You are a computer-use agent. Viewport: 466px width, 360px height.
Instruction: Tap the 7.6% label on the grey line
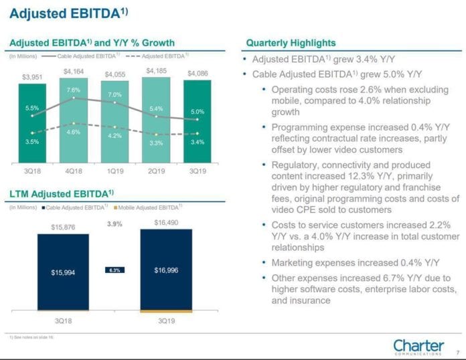tap(74, 90)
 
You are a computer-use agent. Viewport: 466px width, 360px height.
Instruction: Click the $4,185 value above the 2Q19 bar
tap(156, 70)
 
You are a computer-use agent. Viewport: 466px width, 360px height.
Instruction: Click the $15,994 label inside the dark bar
tap(63, 272)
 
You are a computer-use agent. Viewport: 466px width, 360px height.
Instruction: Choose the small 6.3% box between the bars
tap(114, 270)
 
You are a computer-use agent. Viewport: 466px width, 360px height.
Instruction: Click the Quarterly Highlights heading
tap(291, 43)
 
